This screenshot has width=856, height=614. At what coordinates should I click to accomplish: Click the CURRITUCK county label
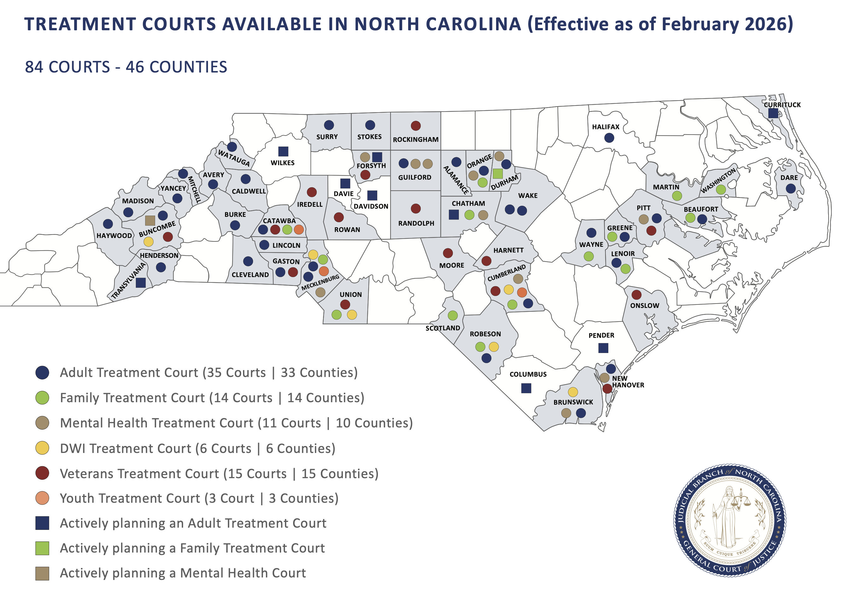[782, 105]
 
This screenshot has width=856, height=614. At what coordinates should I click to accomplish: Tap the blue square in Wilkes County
[283, 151]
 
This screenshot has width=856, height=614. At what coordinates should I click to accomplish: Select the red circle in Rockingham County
[415, 126]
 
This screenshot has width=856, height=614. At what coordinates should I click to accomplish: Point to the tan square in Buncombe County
[150, 221]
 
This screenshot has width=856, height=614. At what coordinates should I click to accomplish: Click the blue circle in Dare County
[790, 188]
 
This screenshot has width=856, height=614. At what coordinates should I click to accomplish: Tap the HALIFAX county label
[605, 127]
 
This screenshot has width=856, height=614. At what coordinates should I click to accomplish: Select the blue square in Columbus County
[526, 388]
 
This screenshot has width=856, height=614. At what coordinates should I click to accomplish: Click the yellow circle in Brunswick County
[573, 392]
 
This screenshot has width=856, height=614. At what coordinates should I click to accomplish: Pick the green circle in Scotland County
[453, 315]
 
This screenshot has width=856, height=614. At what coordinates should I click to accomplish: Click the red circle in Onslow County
[636, 294]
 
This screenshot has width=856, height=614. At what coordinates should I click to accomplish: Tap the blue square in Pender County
[603, 348]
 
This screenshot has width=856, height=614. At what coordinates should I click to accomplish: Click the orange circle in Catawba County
[298, 229]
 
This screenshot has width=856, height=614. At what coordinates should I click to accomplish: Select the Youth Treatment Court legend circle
[42, 498]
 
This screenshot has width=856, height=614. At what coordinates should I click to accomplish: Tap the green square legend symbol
[42, 548]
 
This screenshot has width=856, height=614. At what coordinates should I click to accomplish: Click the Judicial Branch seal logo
[730, 520]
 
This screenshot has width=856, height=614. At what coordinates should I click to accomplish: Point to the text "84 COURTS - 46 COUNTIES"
[126, 67]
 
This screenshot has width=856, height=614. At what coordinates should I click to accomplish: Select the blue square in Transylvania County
[141, 283]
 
